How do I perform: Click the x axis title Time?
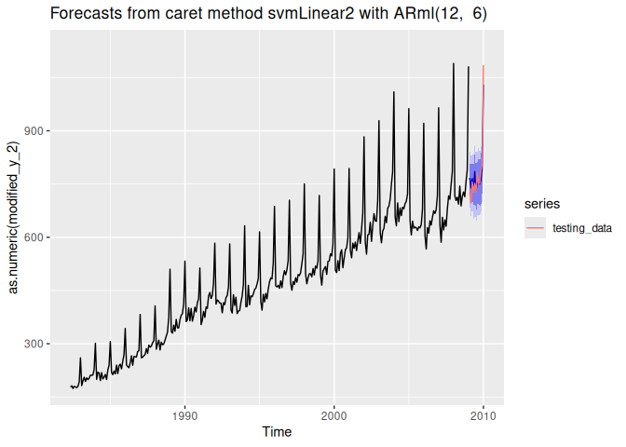[x=276, y=431]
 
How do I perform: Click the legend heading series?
[x=540, y=202]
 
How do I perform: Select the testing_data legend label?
[x=582, y=226]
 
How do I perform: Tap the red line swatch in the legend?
[x=535, y=226]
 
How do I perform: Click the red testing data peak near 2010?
[x=483, y=67]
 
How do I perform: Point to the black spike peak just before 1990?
[x=170, y=270]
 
